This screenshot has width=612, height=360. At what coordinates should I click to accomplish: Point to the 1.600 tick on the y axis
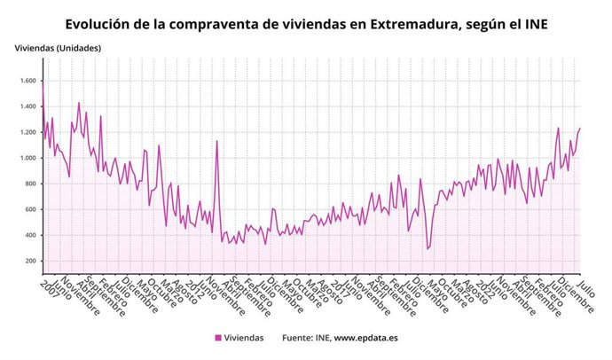coord(26,81)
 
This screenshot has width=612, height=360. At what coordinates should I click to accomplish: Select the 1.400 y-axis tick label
coord(26,106)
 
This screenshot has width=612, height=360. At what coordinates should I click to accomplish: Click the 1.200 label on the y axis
coord(26,132)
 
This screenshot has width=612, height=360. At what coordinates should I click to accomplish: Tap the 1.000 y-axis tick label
coord(26,158)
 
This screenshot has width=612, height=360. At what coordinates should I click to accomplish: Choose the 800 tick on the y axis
coord(29,184)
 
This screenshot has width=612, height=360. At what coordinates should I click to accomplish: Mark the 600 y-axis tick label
coord(29,210)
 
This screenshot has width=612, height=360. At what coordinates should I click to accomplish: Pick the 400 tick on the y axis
coord(29,236)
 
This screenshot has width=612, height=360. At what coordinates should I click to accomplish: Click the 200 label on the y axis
coord(29,262)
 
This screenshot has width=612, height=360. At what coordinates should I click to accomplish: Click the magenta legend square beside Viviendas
coord(218,338)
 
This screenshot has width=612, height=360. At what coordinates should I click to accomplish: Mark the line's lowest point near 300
coord(428,249)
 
